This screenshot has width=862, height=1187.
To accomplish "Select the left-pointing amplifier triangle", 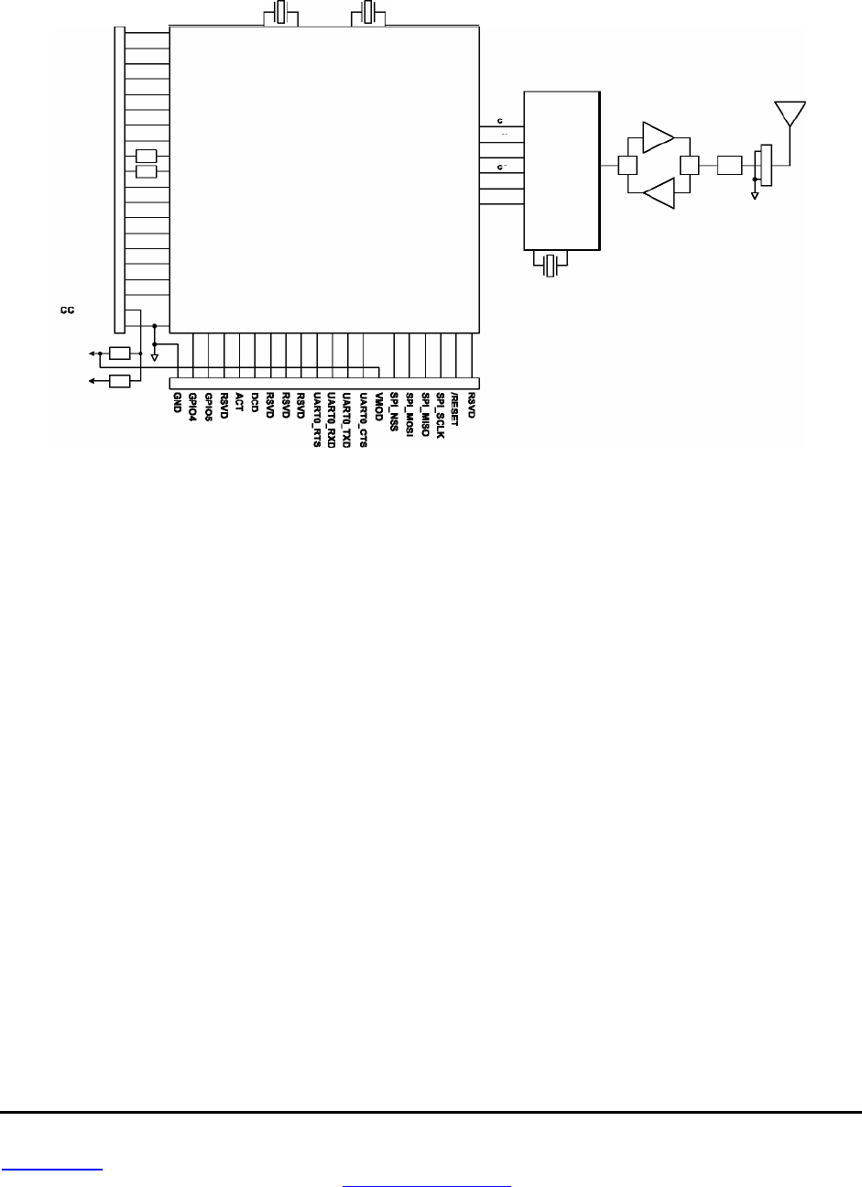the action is [x=658, y=194].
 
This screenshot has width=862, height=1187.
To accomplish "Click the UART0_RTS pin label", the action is [x=317, y=418].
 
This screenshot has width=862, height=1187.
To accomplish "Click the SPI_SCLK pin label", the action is [x=441, y=415].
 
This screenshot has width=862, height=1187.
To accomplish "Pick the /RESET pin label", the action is [x=455, y=409].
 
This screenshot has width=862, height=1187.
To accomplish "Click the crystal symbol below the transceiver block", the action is [x=550, y=266].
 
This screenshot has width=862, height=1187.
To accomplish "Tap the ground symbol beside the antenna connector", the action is [x=755, y=194].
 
